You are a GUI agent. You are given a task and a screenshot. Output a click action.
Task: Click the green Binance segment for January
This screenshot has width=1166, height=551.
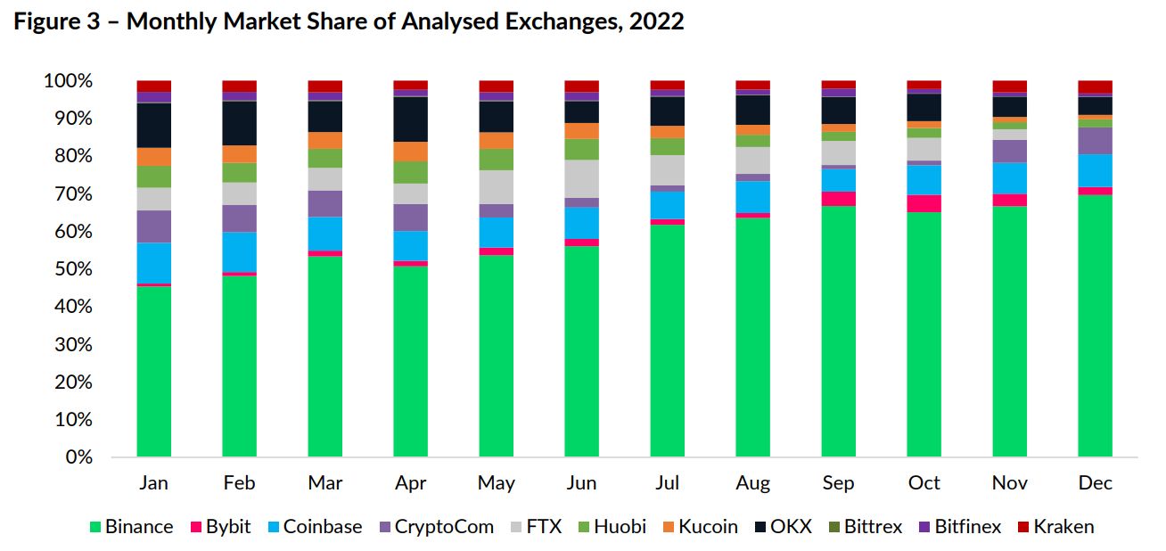(x=154, y=371)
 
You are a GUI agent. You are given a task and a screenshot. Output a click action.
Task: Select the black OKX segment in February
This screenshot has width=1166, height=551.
(x=240, y=123)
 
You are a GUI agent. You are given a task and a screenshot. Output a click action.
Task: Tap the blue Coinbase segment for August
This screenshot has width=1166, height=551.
(x=752, y=197)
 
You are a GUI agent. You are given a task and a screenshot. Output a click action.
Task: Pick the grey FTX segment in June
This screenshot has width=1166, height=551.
(x=581, y=178)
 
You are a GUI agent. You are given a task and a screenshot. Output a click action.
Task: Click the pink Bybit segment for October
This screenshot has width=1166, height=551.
(x=924, y=203)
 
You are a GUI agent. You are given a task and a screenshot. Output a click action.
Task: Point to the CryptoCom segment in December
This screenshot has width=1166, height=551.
(x=1096, y=141)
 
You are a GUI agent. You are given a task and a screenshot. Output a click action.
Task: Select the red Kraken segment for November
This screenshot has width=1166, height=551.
(x=1010, y=86)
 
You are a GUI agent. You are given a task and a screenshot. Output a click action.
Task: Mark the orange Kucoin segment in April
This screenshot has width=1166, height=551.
(x=411, y=152)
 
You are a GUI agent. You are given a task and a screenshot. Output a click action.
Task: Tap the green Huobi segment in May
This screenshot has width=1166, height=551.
(x=496, y=160)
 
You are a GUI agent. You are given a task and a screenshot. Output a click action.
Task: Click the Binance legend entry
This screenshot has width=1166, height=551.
(x=132, y=527)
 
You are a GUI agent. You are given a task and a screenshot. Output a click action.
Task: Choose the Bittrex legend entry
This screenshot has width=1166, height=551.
(x=865, y=527)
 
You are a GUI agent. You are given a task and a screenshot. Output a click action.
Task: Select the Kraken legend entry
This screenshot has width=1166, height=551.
(x=1055, y=527)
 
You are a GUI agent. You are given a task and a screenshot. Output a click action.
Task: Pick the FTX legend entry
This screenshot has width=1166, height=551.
(x=536, y=527)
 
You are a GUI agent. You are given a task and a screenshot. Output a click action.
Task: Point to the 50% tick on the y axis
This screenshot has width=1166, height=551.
(x=73, y=269)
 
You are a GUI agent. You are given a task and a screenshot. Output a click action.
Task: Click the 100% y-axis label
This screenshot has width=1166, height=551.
(x=68, y=81)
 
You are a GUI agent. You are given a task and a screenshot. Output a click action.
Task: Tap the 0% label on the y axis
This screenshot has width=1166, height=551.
(x=79, y=457)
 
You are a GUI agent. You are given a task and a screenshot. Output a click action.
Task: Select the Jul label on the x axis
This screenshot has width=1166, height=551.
(x=668, y=482)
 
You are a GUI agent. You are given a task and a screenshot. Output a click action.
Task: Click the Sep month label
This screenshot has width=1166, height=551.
(x=838, y=483)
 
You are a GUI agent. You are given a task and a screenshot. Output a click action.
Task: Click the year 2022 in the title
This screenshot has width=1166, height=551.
(x=656, y=21)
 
